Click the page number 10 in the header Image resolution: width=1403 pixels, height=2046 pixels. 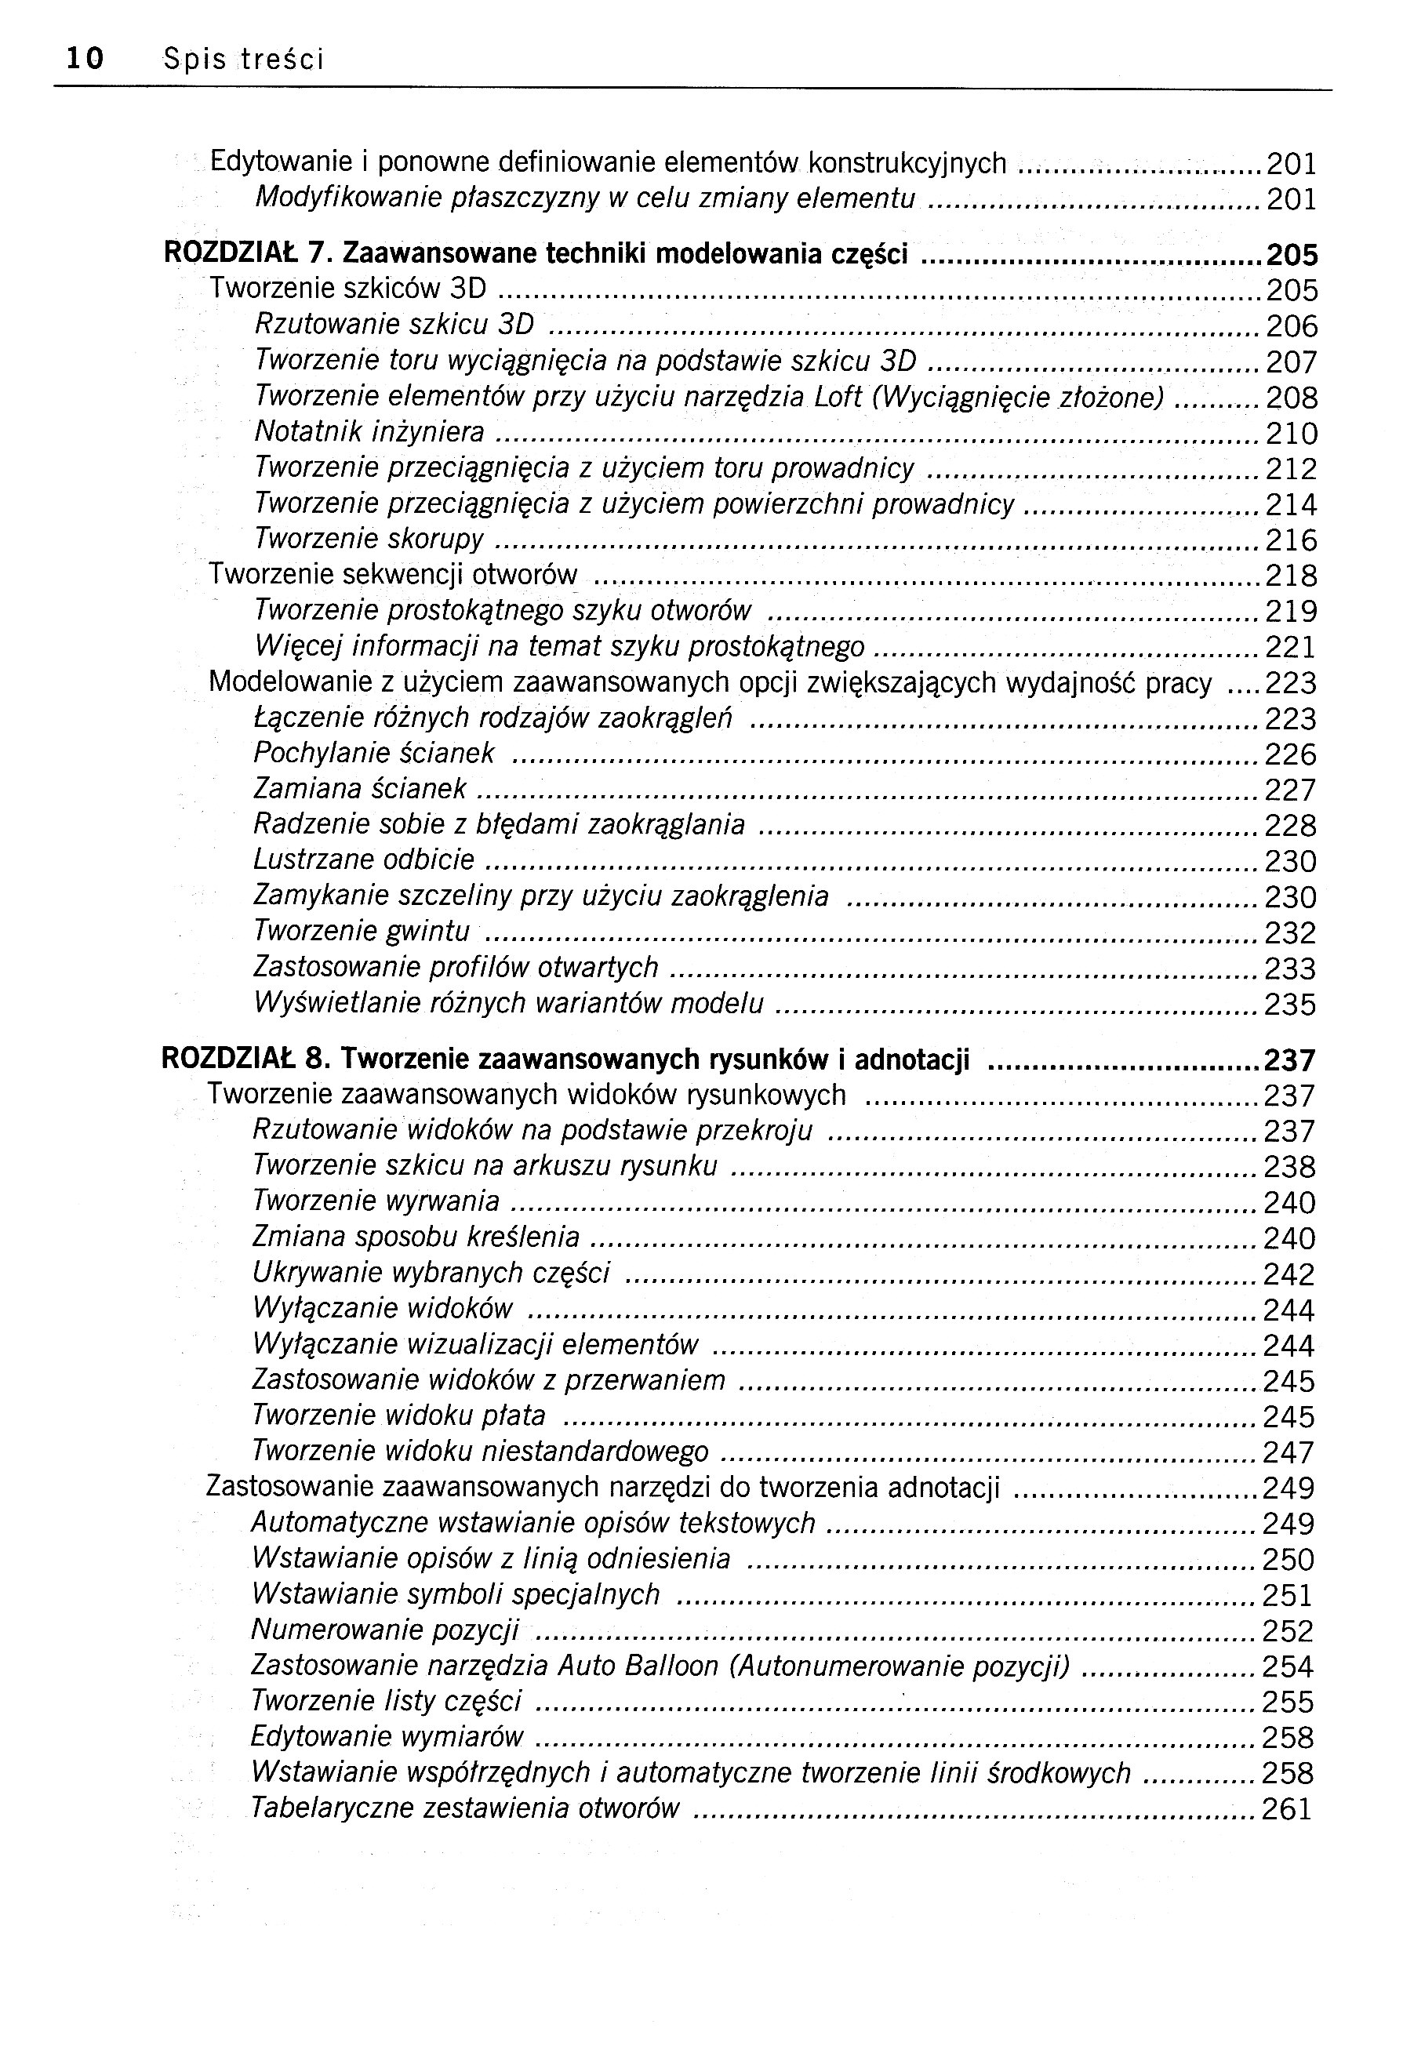(85, 59)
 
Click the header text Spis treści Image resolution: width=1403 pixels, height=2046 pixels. (244, 59)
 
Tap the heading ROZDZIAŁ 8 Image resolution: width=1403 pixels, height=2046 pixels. (242, 1059)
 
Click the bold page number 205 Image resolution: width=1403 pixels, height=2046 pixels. (1291, 256)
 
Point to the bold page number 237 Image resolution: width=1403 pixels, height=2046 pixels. (1289, 1060)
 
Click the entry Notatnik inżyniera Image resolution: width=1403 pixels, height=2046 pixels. (369, 432)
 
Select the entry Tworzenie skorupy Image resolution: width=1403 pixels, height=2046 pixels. (369, 539)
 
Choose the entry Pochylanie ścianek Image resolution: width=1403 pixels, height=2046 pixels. (374, 754)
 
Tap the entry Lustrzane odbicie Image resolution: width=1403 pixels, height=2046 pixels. (364, 859)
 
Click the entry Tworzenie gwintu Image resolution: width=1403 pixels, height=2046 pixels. (362, 931)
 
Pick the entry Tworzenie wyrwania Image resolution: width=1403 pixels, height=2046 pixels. (376, 1201)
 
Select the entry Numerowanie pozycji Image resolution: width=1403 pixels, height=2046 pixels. (384, 1630)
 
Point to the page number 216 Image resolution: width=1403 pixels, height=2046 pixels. (1291, 540)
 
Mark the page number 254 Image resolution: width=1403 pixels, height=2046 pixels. (1288, 1666)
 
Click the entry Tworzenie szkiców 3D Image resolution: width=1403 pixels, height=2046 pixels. (347, 289)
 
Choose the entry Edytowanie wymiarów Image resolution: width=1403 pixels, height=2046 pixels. (387, 1737)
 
